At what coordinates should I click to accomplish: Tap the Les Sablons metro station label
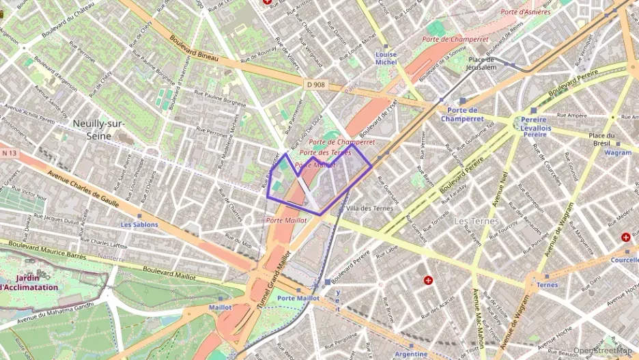pyautogui.click(x=139, y=224)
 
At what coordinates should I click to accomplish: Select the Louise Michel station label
pyautogui.click(x=386, y=58)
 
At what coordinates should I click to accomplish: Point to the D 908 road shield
pyautogui.click(x=315, y=84)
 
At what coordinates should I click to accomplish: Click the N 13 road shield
pyautogui.click(x=8, y=152)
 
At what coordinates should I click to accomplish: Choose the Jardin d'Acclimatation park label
pyautogui.click(x=29, y=282)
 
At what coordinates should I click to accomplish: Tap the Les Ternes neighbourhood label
pyautogui.click(x=477, y=221)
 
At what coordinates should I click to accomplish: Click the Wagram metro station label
pyautogui.click(x=619, y=153)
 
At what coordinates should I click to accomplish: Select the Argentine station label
pyautogui.click(x=411, y=354)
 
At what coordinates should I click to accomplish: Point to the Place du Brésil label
pyautogui.click(x=603, y=139)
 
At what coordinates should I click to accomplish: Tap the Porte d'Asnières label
pyautogui.click(x=525, y=12)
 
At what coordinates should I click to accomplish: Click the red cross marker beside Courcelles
pyautogui.click(x=625, y=237)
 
